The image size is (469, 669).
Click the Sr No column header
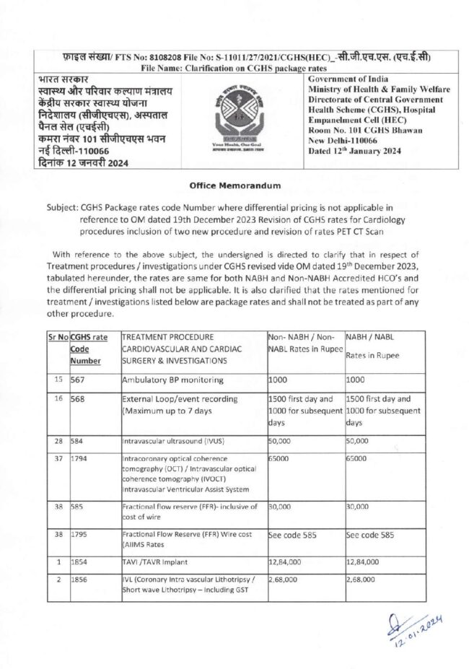58,337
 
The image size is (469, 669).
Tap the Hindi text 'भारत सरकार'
46,78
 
